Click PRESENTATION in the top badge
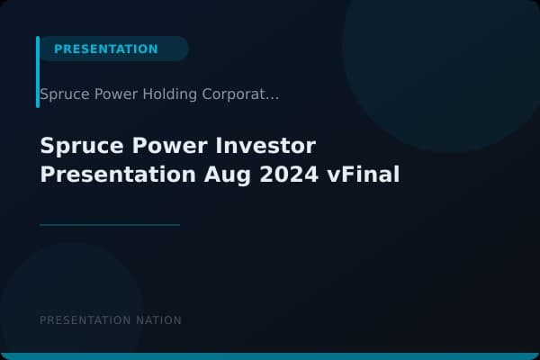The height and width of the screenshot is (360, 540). pos(105,49)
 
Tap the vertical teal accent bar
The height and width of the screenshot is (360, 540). pos(38,72)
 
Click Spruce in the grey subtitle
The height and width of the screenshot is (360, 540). pos(64,94)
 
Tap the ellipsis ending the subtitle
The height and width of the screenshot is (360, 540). pos(273,95)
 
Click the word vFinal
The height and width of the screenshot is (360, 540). pos(364,174)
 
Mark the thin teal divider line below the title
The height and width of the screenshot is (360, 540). pos(110,225)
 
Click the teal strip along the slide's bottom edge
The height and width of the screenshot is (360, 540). pos(270,356)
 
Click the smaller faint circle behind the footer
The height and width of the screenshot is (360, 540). pos(72,297)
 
